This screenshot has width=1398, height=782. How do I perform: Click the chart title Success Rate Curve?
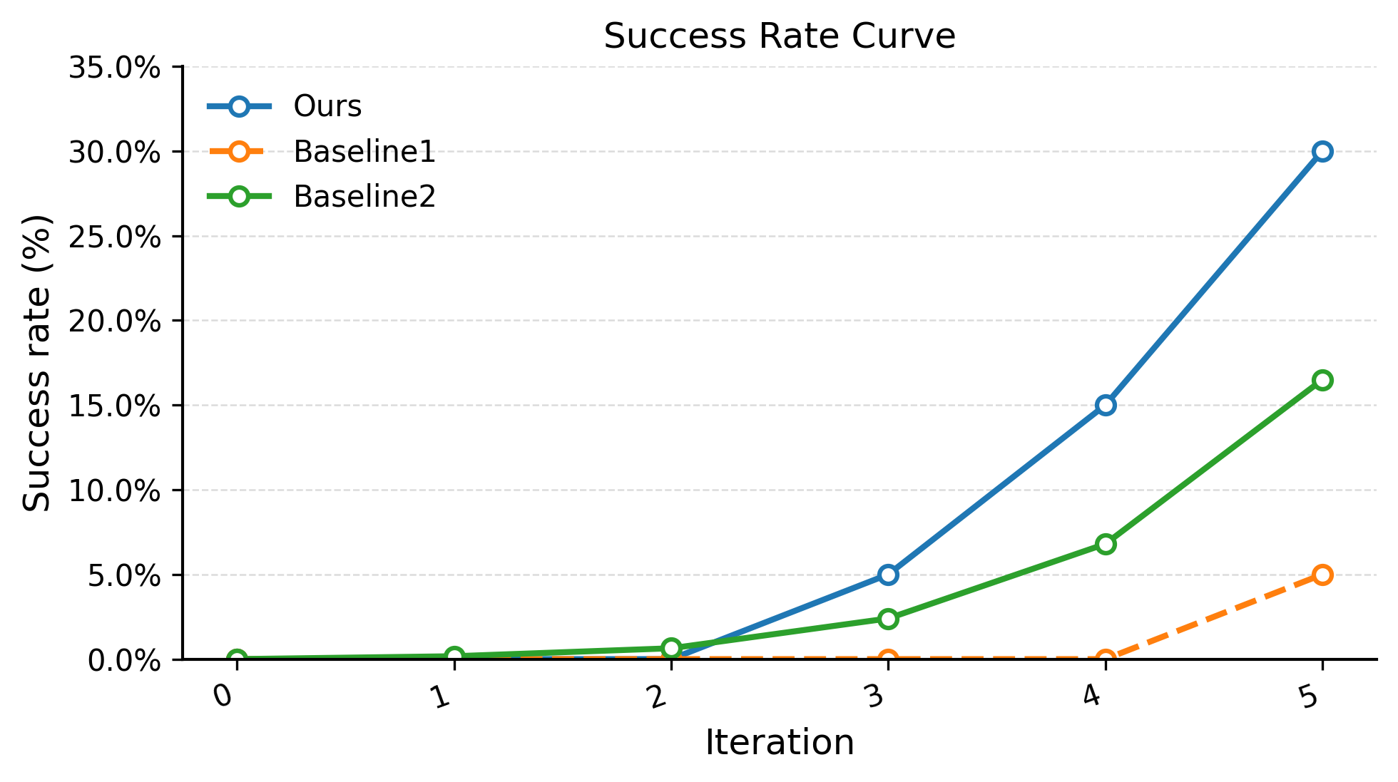pos(779,36)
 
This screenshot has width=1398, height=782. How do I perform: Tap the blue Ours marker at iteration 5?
pos(1322,151)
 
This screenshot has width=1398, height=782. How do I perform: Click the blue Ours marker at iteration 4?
pos(1105,405)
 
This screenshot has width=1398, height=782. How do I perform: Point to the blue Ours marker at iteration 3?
pos(887,575)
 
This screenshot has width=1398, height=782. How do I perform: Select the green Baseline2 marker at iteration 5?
pos(1322,380)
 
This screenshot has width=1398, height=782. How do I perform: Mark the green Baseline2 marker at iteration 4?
pos(1105,544)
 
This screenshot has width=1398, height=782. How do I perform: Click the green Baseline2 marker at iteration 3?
pos(887,618)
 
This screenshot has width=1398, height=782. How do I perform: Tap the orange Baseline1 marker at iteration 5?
pos(1322,575)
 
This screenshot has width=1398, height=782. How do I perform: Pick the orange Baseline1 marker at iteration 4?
pos(1105,658)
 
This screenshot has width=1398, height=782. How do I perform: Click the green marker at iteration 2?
pos(670,647)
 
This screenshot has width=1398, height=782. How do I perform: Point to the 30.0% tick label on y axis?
pos(114,152)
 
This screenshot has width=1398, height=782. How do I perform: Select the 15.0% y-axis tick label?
pos(114,406)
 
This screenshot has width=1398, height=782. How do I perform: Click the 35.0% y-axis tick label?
pos(114,68)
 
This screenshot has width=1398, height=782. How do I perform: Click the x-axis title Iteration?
pos(779,742)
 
